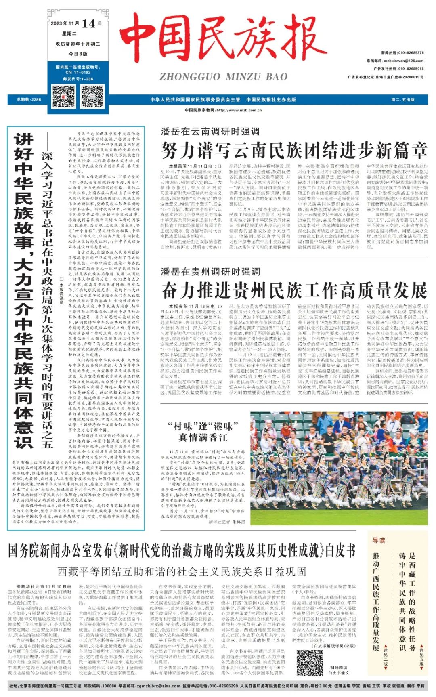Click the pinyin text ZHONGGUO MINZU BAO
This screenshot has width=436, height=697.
[x=223, y=77]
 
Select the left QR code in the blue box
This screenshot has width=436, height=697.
[x=63, y=96]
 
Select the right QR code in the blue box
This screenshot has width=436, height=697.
[x=92, y=96]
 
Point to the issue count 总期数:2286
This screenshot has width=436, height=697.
[x=29, y=99]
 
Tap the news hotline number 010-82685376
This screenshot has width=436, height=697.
[x=411, y=53]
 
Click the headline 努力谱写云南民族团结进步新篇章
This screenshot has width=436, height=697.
[x=294, y=151]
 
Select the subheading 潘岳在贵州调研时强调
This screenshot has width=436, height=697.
[x=210, y=271]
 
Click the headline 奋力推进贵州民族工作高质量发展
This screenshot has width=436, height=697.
[x=294, y=290]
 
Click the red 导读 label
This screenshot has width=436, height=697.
[x=379, y=540]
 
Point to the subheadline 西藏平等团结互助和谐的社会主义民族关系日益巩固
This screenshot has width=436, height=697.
[x=182, y=572]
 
